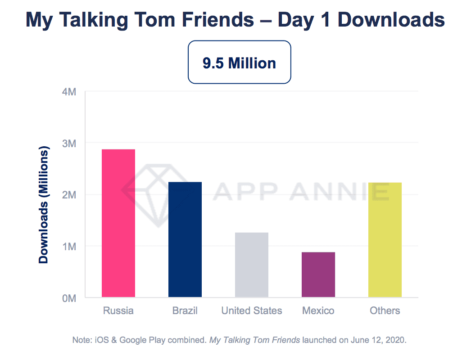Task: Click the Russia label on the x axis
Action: (118, 310)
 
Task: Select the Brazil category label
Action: (185, 310)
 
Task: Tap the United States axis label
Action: (252, 310)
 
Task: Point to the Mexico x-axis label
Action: (318, 310)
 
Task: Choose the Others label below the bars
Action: (385, 310)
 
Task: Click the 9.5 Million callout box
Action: (239, 63)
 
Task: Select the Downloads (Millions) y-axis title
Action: (44, 205)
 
